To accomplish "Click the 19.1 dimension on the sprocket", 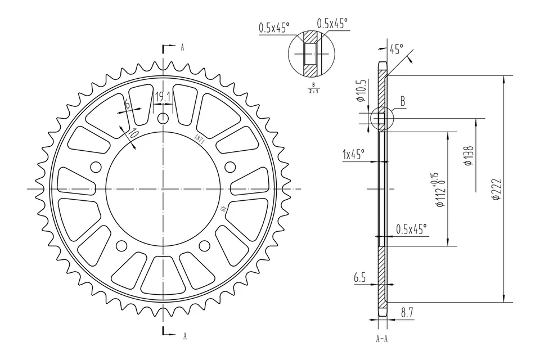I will pyautogui.click(x=163, y=97).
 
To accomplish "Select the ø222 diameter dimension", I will pyautogui.click(x=496, y=190).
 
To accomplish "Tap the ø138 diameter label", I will pyautogui.click(x=468, y=156).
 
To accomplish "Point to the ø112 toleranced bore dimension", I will pyautogui.click(x=439, y=190).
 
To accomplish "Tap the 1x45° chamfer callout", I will pyautogui.click(x=353, y=153).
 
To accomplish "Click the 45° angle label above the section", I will pyautogui.click(x=396, y=49).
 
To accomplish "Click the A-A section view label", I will pyautogui.click(x=382, y=340).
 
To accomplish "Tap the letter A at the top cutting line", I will pyautogui.click(x=182, y=48).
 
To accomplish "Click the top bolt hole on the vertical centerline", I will pyautogui.click(x=163, y=119).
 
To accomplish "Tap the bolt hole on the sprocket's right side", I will pyautogui.click(x=229, y=166).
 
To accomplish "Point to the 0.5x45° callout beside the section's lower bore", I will pyautogui.click(x=411, y=229).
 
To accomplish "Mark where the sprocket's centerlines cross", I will pyautogui.click(x=163, y=188).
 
